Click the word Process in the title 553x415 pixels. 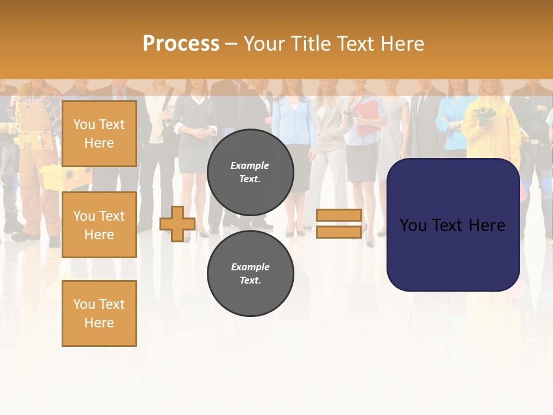click(181, 44)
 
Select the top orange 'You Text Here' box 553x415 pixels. click(99, 134)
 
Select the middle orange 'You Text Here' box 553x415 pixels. click(99, 225)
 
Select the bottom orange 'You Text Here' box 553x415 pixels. click(99, 313)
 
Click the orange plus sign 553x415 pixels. click(177, 224)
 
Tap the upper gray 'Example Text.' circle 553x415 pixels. click(250, 172)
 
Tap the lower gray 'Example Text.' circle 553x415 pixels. click(250, 273)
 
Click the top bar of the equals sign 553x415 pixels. click(339, 216)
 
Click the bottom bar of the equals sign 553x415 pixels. click(339, 232)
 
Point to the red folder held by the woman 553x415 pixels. click(366, 118)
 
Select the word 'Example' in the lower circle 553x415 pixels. click(250, 267)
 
